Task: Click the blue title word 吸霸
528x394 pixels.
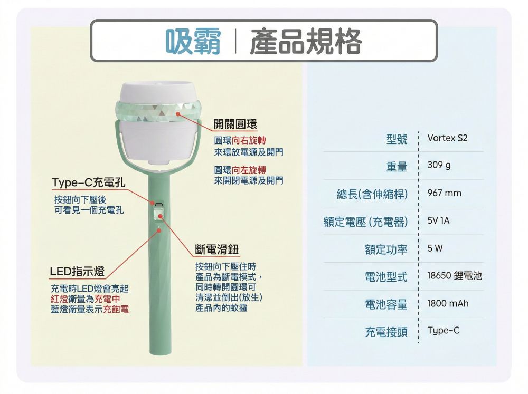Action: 193,41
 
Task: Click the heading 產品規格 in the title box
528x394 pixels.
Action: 306,41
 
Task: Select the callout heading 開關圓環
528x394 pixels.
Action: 235,124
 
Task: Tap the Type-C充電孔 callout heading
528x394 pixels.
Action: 89,182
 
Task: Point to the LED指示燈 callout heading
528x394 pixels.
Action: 77,271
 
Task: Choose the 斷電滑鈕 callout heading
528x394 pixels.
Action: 217,249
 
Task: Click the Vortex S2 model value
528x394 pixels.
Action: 447,138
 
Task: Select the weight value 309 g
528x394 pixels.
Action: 439,165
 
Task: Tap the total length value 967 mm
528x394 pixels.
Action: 444,193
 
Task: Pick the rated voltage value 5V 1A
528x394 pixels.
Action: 438,220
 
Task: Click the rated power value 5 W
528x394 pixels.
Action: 435,248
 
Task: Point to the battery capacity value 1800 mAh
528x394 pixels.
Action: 448,303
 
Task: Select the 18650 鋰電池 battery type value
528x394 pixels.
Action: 455,276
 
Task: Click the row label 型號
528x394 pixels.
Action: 397,139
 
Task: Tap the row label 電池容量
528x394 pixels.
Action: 386,304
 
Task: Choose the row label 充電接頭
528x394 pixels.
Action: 386,332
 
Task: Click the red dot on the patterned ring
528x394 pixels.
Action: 178,114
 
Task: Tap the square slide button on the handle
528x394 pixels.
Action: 157,215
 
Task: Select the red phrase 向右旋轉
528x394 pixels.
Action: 249,141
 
